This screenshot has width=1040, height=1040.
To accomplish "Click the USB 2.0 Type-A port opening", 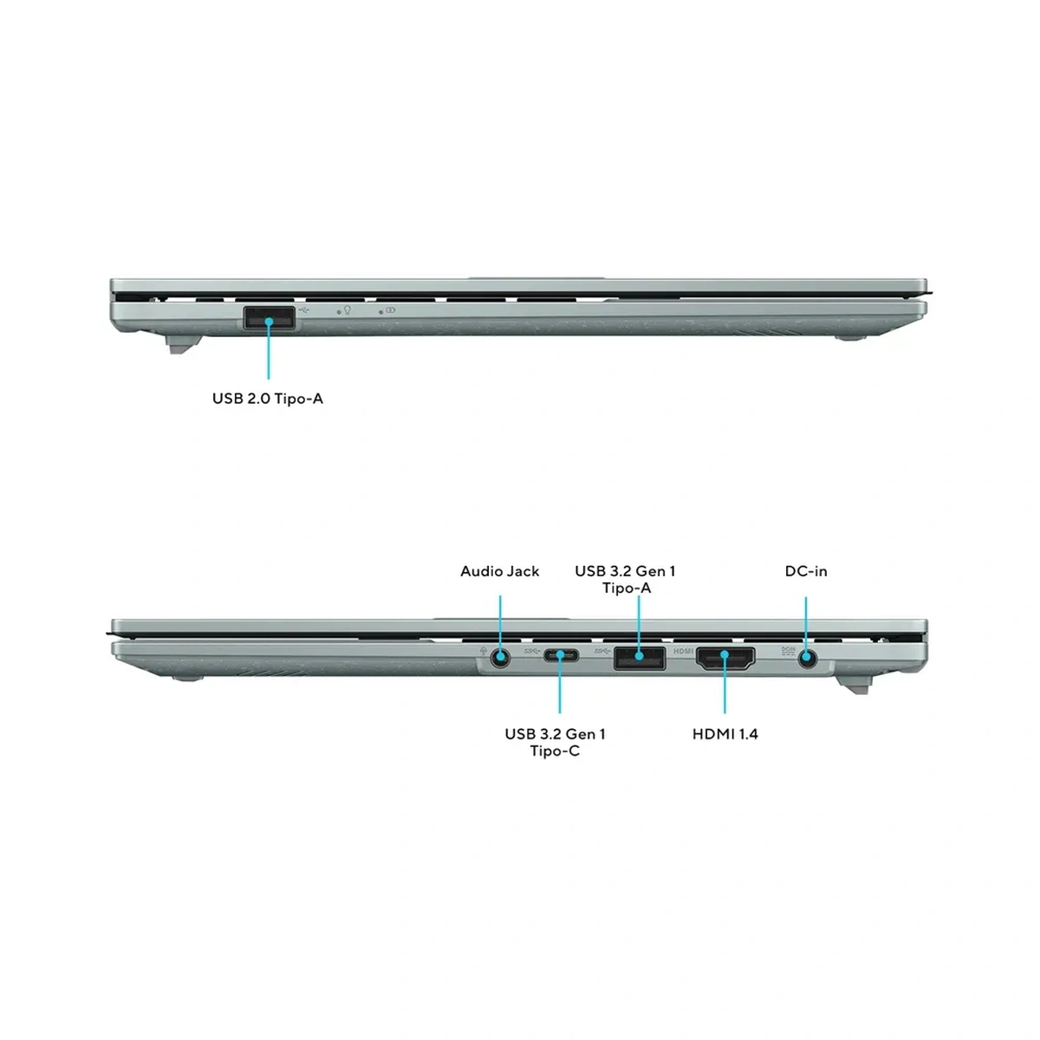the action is click(269, 318).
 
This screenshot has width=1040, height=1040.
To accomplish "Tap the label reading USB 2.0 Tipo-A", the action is click(268, 399).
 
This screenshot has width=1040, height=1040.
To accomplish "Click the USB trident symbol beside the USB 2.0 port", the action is click(304, 310).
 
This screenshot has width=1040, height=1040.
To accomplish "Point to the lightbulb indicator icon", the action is click(348, 309).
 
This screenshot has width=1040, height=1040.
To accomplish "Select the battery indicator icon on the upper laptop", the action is click(390, 310).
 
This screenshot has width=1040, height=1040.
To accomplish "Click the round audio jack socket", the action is click(500, 658).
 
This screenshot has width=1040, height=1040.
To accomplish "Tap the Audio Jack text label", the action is click(500, 571).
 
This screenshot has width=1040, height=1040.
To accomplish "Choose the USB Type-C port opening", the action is click(561, 656).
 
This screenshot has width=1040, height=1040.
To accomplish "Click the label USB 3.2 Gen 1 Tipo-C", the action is click(555, 742).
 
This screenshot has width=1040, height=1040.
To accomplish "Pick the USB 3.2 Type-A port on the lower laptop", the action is click(639, 658).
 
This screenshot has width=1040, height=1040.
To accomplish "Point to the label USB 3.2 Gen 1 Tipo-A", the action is click(625, 579).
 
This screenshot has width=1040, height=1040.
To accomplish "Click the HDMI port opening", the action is click(725, 658).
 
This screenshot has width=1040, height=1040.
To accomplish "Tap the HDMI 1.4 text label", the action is click(725, 734).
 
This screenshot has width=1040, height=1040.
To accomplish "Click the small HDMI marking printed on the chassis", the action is click(683, 652).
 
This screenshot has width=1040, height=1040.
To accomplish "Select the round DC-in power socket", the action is click(807, 659).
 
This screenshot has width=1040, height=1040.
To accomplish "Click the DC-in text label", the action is click(806, 571).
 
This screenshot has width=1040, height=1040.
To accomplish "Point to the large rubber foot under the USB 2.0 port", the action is click(184, 344).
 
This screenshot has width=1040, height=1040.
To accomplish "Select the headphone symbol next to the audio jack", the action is click(483, 652).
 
